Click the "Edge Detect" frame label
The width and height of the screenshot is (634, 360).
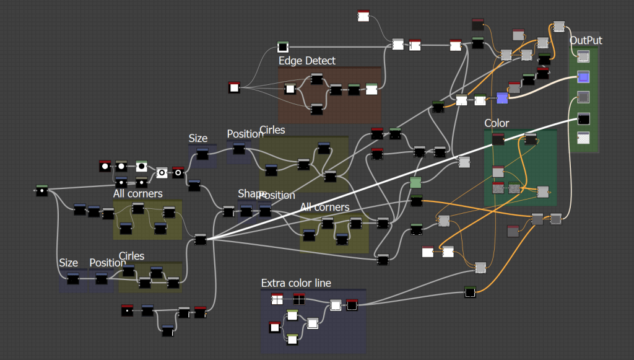click(306, 61)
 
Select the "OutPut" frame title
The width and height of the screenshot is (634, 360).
click(586, 41)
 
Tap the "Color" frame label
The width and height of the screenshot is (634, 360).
click(497, 123)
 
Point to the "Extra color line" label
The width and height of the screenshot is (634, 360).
click(296, 283)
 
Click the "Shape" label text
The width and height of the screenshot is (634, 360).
click(251, 194)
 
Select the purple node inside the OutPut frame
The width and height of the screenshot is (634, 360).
click(583, 77)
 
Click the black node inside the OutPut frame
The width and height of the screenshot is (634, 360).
click(583, 118)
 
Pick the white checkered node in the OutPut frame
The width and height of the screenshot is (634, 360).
click(583, 138)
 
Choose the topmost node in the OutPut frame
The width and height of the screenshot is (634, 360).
click(583, 57)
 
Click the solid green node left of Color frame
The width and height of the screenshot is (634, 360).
click(415, 182)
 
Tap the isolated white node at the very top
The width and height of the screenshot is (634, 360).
click(363, 15)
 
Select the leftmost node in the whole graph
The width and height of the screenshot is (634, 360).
click(41, 191)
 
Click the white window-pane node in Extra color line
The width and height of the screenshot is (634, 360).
click(277, 300)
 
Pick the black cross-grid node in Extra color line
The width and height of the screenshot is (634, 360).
click(299, 300)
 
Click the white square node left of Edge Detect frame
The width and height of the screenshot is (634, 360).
click(234, 88)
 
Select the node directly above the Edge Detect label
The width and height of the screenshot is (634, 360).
click(283, 47)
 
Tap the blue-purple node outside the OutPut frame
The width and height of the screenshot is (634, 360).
click(502, 98)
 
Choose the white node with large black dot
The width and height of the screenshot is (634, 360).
click(141, 167)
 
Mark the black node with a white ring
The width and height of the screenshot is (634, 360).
click(178, 172)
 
